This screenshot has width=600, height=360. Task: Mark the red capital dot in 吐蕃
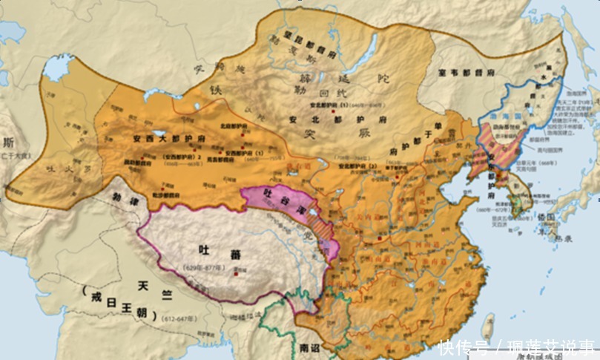tap(237, 275)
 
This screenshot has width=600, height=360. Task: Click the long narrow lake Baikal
tap(368, 48)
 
